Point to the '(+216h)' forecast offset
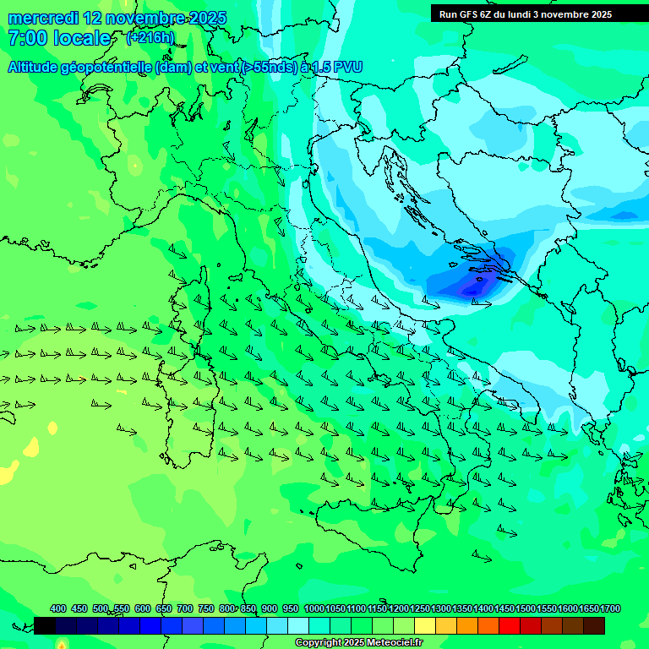pos(150,38)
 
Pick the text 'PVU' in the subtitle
pos(348,68)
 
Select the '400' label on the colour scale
pos(58,609)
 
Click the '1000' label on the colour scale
pos(314,609)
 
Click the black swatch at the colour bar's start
pos(45,625)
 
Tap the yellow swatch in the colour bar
pos(425,625)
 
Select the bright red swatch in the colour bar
pos(509,625)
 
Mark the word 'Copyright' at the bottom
pos(319,643)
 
